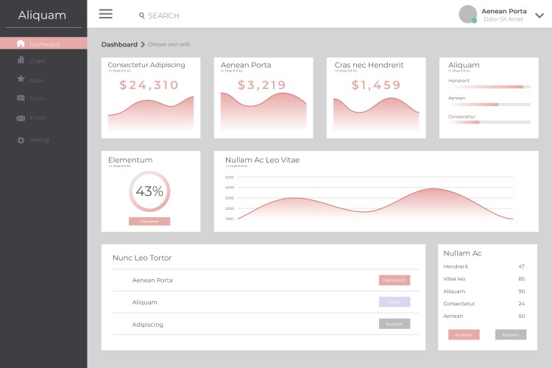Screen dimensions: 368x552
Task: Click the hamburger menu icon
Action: pos(105,14)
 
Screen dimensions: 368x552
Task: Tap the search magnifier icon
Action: pos(142,15)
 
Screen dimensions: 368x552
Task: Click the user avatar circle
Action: pos(467,14)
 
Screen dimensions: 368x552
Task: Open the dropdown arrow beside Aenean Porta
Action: pos(539,15)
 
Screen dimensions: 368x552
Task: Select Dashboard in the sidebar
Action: pos(43,44)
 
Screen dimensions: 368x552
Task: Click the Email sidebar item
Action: pos(37,118)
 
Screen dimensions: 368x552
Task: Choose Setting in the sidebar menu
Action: pos(38,140)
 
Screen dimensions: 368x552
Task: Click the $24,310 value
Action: pos(149,85)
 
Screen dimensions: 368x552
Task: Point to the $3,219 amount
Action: pos(262,85)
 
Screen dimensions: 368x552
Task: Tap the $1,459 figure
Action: pos(376,85)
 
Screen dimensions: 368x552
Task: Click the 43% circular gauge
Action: pos(149,191)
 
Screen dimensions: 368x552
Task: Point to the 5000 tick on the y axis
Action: pos(230,177)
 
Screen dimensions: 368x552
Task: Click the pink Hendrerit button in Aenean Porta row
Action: pos(394,280)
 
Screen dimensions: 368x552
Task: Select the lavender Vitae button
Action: pos(394,302)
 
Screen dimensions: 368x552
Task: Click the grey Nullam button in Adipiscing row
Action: pos(394,324)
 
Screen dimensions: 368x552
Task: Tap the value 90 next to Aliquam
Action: pos(521,291)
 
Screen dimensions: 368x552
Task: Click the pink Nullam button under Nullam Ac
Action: pos(464,335)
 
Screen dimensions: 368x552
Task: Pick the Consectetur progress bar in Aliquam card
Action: pos(489,122)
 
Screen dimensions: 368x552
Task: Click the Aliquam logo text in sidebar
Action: pos(42,15)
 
